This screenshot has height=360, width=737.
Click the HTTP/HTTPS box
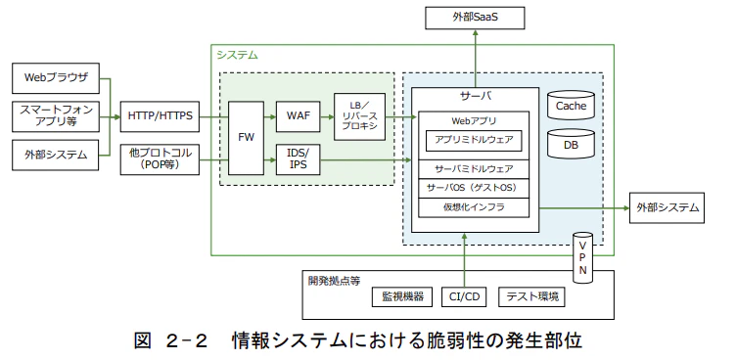161,115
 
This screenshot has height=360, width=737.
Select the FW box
245,138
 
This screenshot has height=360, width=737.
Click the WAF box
298,115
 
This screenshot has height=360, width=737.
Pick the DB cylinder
571,144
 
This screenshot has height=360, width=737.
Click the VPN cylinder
581,253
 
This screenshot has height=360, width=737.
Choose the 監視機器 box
400,296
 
